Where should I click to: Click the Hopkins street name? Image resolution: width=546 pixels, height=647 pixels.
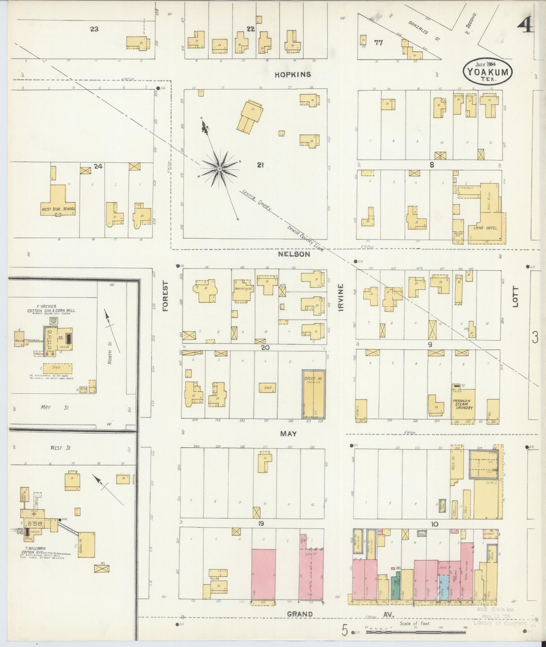293,74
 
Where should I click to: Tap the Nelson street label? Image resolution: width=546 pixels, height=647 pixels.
294,254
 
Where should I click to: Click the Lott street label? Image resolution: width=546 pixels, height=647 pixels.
515,297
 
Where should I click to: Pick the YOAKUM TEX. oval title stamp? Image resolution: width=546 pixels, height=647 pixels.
487,71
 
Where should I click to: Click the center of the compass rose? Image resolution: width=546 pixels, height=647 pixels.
219,168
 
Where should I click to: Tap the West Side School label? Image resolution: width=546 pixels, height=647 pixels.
58,209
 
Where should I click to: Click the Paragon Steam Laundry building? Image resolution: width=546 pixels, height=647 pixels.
463,405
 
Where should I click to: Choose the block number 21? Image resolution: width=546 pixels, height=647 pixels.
260,165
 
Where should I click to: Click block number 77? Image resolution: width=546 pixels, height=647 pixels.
378,43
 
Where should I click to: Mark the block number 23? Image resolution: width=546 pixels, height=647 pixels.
94,29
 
